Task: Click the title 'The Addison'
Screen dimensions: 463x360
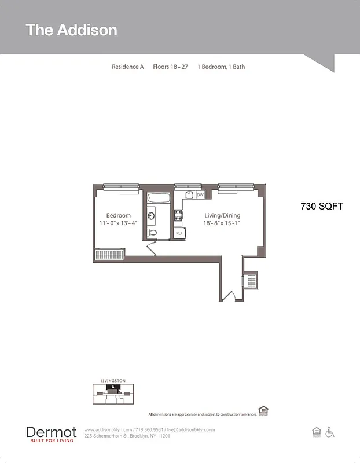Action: click(x=71, y=30)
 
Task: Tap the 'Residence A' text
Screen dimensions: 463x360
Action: click(x=127, y=67)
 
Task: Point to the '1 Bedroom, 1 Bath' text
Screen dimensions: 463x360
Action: click(x=221, y=67)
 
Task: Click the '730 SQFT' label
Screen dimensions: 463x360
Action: click(x=322, y=206)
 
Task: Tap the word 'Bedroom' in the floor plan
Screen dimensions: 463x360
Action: click(x=118, y=215)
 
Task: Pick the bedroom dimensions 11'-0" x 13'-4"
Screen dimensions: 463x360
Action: click(x=118, y=223)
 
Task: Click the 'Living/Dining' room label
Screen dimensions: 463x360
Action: click(x=222, y=215)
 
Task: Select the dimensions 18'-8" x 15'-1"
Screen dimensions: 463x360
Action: click(x=222, y=223)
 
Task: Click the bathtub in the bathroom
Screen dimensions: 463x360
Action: click(x=157, y=199)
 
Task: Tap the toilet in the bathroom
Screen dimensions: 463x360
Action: click(x=152, y=233)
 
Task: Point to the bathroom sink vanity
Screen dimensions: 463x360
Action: click(x=151, y=216)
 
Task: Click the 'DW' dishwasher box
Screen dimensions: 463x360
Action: click(x=200, y=195)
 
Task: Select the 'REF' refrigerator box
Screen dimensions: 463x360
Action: click(x=179, y=233)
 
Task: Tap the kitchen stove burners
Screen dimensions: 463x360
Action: click(x=179, y=215)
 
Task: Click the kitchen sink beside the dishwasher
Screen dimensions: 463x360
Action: click(x=189, y=195)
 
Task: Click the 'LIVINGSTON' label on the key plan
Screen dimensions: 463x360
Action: click(x=113, y=381)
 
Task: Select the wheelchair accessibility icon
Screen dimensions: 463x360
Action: click(x=330, y=432)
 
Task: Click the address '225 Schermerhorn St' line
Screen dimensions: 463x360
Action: click(x=127, y=436)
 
